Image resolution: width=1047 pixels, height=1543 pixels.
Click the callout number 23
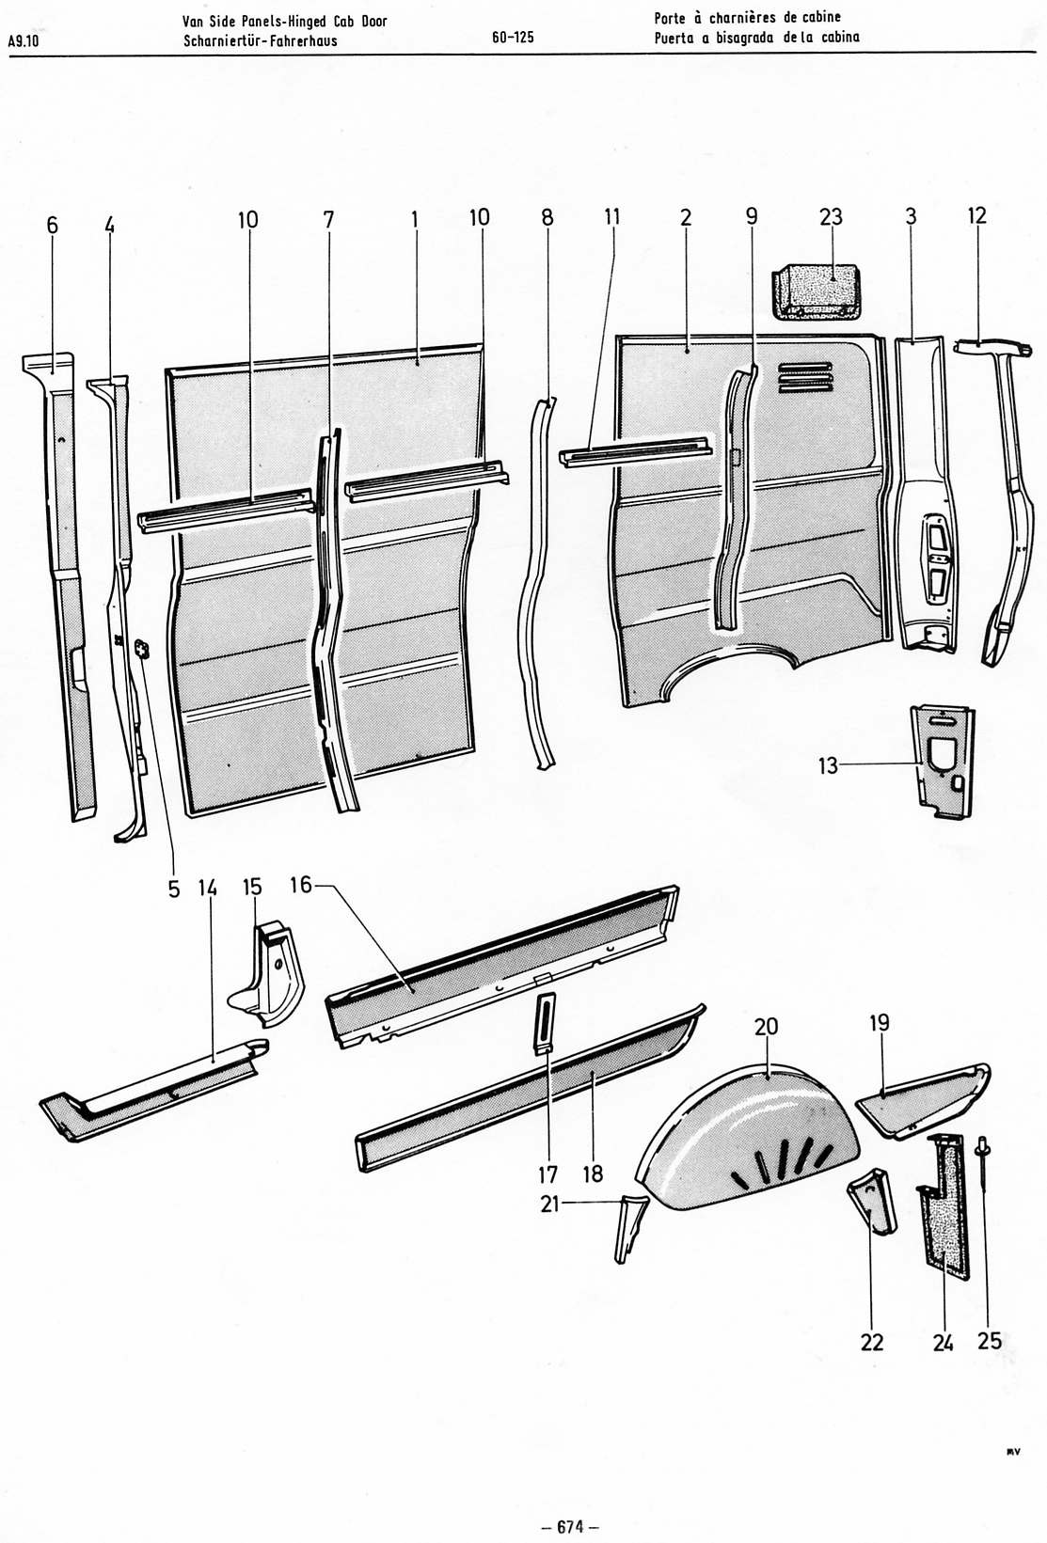[x=831, y=217]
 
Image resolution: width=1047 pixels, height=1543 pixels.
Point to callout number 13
[x=828, y=766]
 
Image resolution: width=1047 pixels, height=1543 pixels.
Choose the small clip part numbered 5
[x=143, y=648]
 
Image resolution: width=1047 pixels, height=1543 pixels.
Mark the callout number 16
[x=300, y=887]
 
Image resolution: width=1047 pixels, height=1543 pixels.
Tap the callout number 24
[x=944, y=1342]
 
